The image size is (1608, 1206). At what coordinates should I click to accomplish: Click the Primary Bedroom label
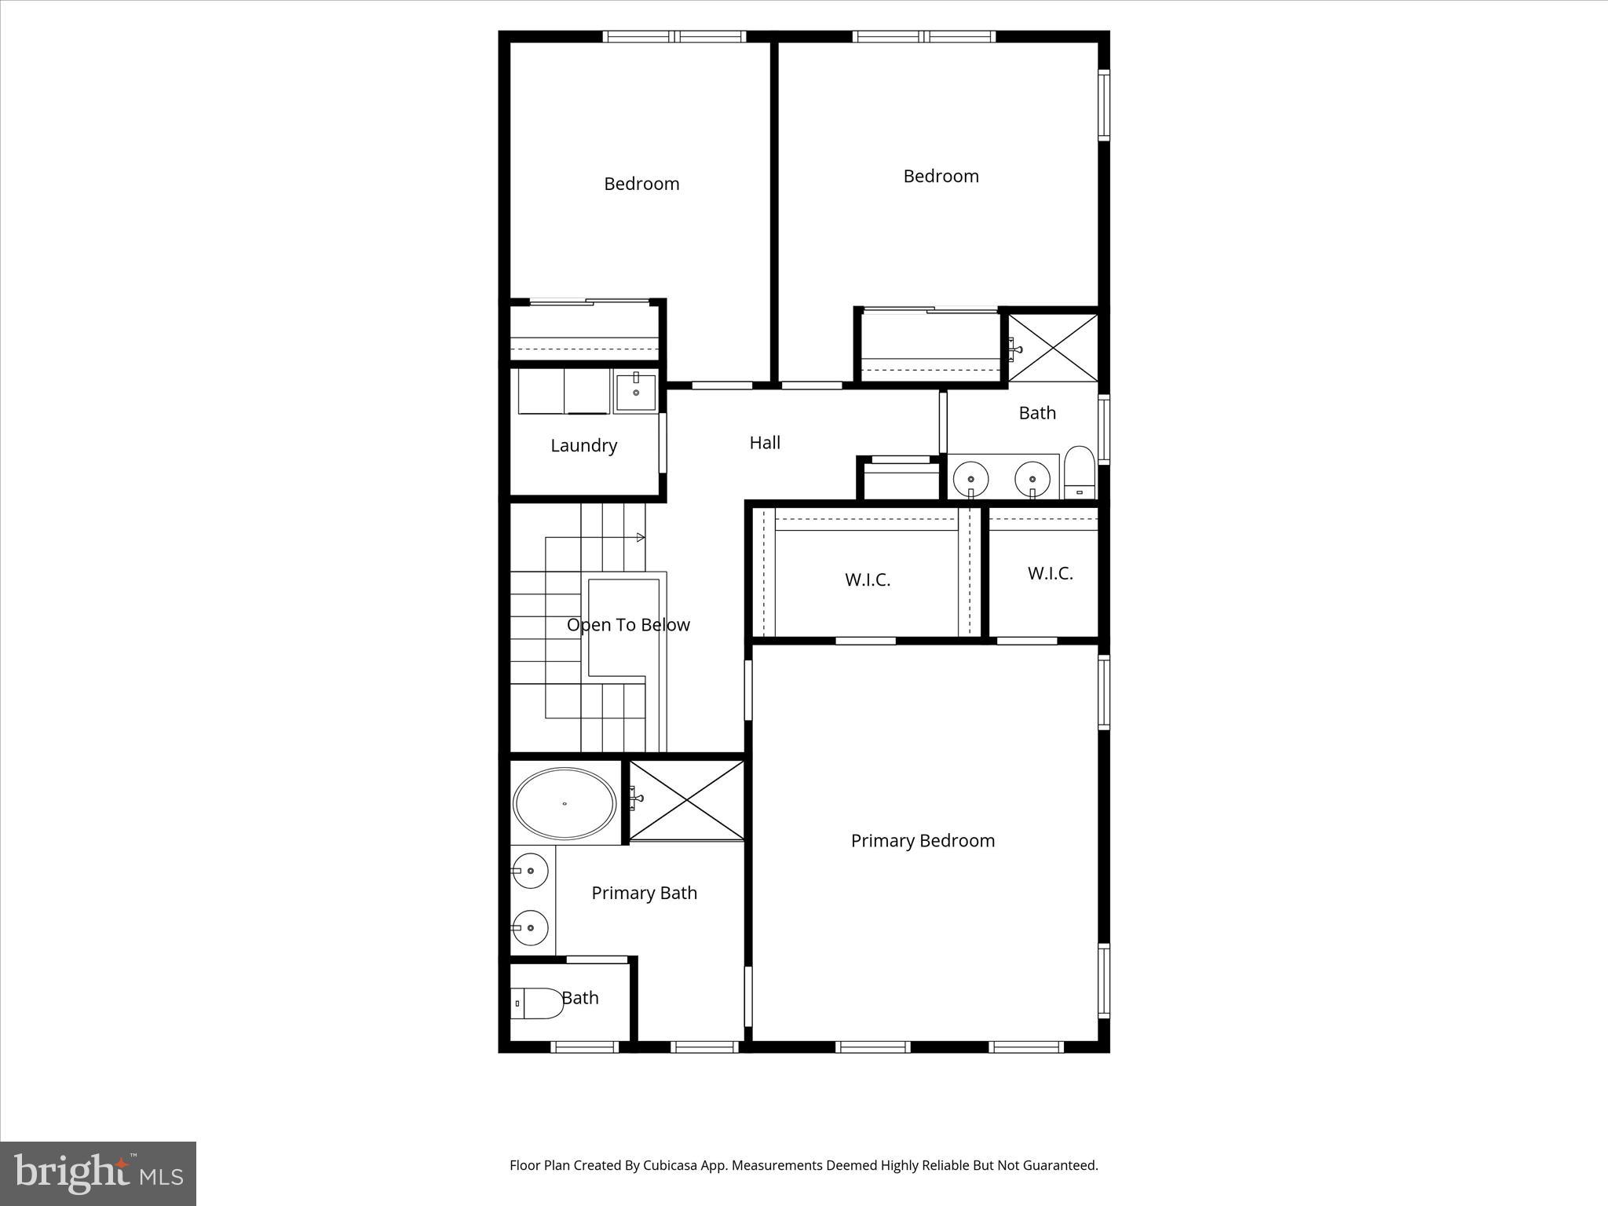point(923,841)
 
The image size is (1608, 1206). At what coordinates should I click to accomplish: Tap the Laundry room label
point(583,446)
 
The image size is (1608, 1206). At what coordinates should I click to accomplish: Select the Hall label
point(765,443)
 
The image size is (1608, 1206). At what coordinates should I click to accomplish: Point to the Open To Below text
point(628,625)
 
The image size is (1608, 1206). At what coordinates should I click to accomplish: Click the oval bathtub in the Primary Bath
point(565,804)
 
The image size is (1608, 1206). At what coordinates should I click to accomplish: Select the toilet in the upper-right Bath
point(1080,473)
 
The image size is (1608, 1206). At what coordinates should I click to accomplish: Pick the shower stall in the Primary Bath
point(687,800)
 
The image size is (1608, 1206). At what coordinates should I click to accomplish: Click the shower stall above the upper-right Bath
point(1053,348)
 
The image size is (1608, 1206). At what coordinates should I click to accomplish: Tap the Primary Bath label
point(644,894)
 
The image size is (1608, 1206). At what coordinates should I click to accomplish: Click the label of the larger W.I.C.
point(868,580)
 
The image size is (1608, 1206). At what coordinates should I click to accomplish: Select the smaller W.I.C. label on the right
point(1050,574)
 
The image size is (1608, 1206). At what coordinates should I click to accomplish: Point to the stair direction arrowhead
point(641,538)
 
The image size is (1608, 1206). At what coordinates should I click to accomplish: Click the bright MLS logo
point(98,1174)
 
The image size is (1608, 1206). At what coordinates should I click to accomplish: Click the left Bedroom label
point(641,184)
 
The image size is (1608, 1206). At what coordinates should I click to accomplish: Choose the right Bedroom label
point(941,176)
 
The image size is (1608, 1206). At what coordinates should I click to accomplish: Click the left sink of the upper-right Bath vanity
point(971,478)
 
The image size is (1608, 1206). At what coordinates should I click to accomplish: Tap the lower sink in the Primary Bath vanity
point(531,928)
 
